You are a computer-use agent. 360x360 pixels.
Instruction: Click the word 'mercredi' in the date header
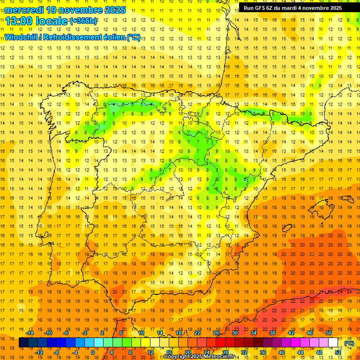click(x=24, y=9)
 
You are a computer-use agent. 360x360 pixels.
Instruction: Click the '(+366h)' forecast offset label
click(x=83, y=21)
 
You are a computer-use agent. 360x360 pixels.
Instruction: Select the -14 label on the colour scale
click(x=30, y=333)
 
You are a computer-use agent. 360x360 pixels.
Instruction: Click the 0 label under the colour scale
click(x=92, y=352)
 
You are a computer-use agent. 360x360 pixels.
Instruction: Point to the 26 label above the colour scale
click(x=216, y=333)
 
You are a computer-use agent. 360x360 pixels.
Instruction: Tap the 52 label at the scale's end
click(x=338, y=352)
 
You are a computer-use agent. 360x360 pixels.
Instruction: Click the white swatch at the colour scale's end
click(x=333, y=343)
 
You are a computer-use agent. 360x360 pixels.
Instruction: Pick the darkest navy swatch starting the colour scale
click(x=24, y=343)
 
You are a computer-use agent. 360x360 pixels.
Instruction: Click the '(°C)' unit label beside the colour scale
click(x=349, y=343)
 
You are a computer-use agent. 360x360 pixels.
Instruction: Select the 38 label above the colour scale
click(x=272, y=333)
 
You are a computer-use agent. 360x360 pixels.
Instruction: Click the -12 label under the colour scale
click(x=39, y=352)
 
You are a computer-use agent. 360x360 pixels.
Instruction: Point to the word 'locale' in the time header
click(x=51, y=21)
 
